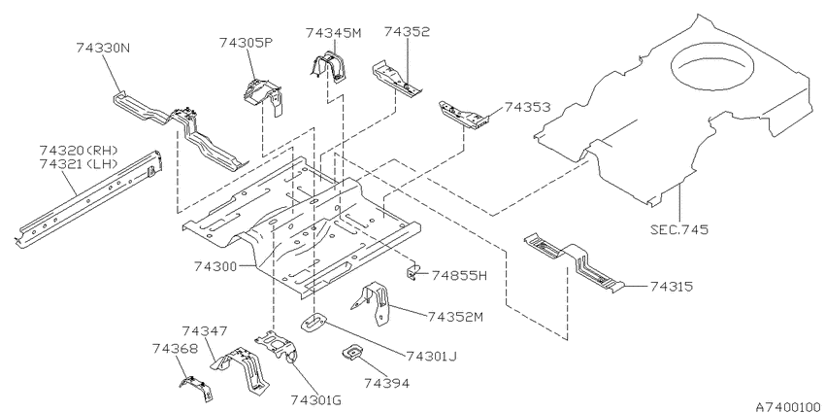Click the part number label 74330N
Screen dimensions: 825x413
pos(103,48)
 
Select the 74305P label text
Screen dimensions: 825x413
pos(247,43)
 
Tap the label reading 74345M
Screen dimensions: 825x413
pos(334,33)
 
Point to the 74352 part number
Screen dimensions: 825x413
pos(407,31)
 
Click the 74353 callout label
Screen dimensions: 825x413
pos(527,107)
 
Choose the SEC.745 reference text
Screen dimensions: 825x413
pos(679,229)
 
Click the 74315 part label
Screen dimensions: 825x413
pos(672,286)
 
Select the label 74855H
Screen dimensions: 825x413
pos(459,275)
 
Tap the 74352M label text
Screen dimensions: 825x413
pos(455,316)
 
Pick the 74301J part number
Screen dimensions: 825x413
pos(431,356)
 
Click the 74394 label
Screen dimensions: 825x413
pos(386,383)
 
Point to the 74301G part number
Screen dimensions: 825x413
pos(315,399)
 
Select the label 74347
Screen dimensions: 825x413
pos(205,330)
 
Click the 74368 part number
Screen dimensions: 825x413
pos(176,348)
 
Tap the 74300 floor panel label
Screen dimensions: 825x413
pos(216,266)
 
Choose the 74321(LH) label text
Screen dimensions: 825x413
pos(79,164)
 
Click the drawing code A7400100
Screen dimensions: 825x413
pos(790,406)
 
